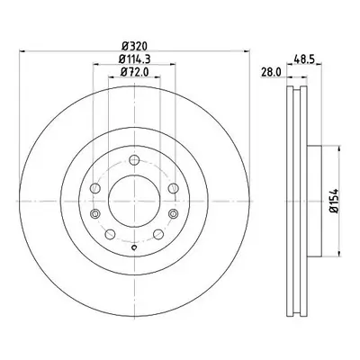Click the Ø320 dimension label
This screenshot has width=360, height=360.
point(135,46)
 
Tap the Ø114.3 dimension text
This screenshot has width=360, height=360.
point(134,59)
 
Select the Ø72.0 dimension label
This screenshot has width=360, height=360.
point(134,72)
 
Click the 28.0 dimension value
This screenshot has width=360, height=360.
point(271,72)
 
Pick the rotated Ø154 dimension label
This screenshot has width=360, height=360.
point(334,201)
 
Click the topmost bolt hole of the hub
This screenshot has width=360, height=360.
point(134,160)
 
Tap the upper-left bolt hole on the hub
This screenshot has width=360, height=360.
point(95,188)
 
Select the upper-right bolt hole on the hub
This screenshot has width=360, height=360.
point(173,188)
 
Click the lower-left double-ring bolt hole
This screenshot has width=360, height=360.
point(95,213)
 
